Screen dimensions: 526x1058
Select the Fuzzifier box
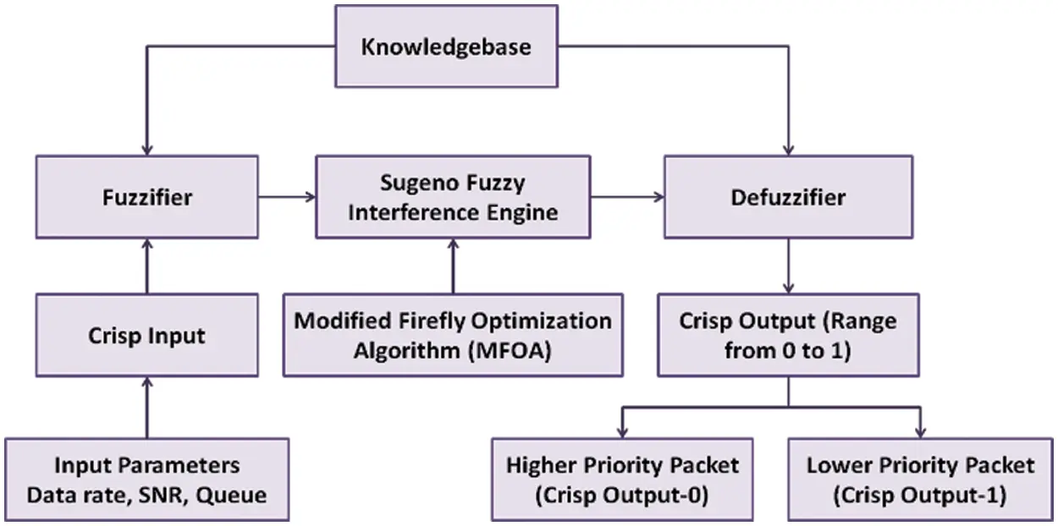pos(147,197)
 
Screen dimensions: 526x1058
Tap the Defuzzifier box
pos(788,197)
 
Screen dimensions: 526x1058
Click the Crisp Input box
pos(147,335)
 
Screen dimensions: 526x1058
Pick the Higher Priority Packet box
pos(622,479)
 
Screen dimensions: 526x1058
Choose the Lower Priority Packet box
pos(920,479)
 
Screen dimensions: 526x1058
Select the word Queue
pos(231,495)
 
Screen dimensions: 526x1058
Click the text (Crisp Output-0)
pos(622,494)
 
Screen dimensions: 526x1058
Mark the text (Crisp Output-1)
pos(920,494)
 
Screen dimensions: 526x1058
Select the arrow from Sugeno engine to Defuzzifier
pos(626,197)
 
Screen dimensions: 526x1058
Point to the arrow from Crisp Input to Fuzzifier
pos(147,266)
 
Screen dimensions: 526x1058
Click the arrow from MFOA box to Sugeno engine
pos(453,266)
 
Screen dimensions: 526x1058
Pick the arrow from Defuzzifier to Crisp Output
pos(788,266)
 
